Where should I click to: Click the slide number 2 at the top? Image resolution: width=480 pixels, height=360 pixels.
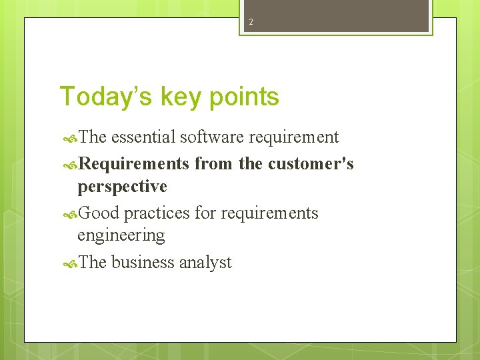pos(251,22)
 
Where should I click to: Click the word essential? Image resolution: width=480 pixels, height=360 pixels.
pos(143,137)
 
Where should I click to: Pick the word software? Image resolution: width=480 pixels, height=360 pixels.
pos(212,137)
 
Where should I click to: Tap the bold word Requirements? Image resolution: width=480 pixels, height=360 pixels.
pos(133,163)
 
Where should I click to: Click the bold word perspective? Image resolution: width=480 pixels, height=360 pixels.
pos(122,186)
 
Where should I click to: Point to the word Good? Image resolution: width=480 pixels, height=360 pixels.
pos(99,213)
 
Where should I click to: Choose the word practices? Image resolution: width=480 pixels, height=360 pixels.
pos(157,213)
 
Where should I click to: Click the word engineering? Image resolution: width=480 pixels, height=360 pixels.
pos(121,235)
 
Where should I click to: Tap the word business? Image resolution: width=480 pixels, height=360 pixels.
pos(143,263)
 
